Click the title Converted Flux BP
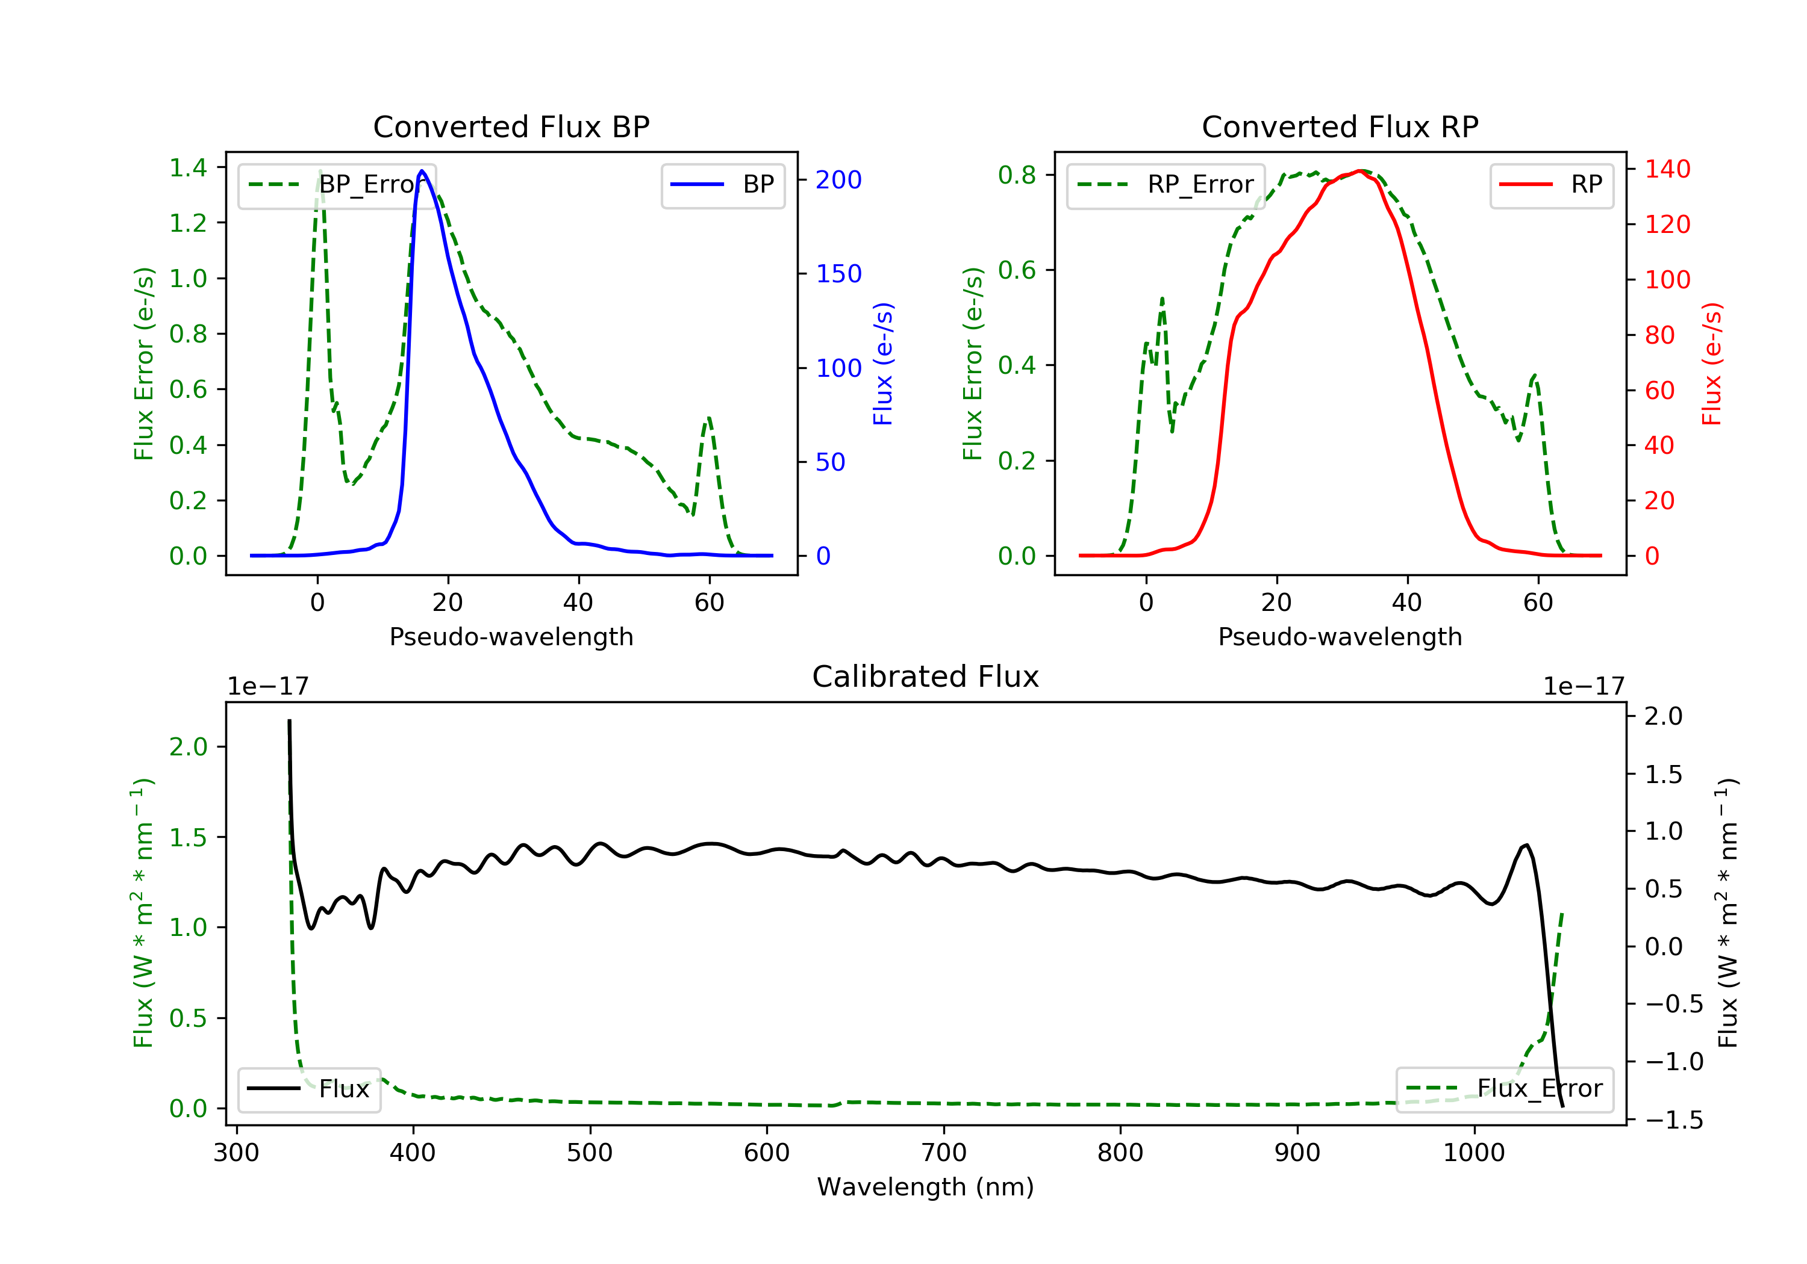511,126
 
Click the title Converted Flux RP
1340,126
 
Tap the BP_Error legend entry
336,185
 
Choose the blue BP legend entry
722,185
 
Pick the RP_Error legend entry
1165,185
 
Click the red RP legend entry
1551,185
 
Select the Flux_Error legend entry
1504,1089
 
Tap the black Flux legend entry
308,1089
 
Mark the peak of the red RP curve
1360,171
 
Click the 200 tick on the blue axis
838,180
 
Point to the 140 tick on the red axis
1667,169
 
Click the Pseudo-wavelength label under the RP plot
1340,637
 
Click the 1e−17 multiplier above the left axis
267,687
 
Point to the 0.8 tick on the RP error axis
1017,175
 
